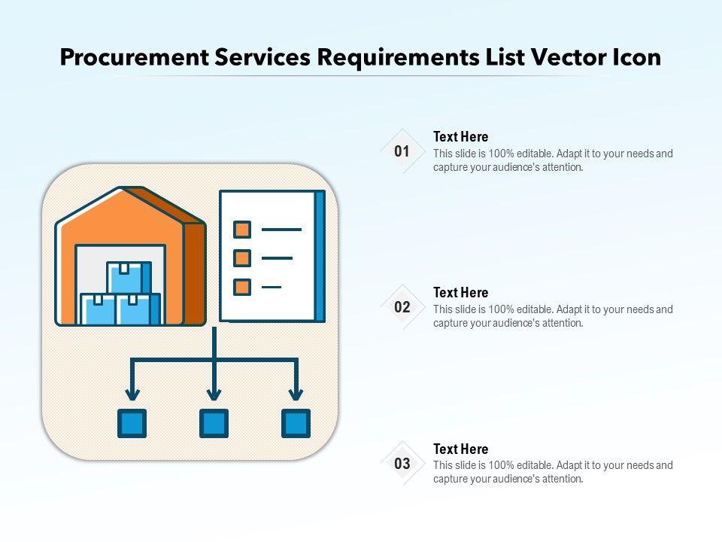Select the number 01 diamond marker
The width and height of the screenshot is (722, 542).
[402, 151]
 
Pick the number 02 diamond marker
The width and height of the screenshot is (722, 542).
[402, 307]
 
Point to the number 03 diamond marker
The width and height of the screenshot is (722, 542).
[402, 464]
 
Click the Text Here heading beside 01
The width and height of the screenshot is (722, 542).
[460, 137]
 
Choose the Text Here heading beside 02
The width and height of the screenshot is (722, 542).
[460, 293]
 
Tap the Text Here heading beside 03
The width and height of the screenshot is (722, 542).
[460, 449]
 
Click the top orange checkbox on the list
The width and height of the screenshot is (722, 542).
[242, 229]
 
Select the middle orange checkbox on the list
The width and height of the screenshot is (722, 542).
[242, 258]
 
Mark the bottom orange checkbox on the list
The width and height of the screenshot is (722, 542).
[242, 287]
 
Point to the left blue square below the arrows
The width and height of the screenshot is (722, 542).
[132, 423]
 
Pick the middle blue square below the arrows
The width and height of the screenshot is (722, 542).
[214, 423]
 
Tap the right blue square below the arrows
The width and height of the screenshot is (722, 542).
[296, 423]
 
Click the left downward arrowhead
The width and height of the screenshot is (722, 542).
[132, 394]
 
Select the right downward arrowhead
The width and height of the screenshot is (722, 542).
[296, 394]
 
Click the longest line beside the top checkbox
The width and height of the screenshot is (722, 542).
[281, 229]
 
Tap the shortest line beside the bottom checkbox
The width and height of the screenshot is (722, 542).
[271, 287]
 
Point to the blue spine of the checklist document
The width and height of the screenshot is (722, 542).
[320, 256]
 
